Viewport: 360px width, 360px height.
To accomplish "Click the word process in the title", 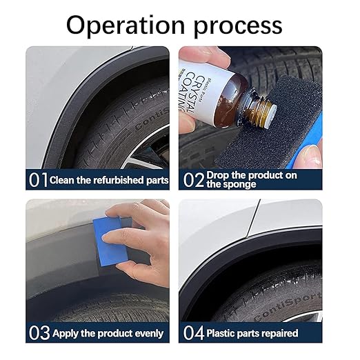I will pos(239,26).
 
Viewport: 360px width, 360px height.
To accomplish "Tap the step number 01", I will pos(38,180).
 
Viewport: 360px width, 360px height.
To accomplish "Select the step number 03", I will pos(39,333).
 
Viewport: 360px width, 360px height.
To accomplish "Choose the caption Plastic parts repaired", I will pos(252,333).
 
